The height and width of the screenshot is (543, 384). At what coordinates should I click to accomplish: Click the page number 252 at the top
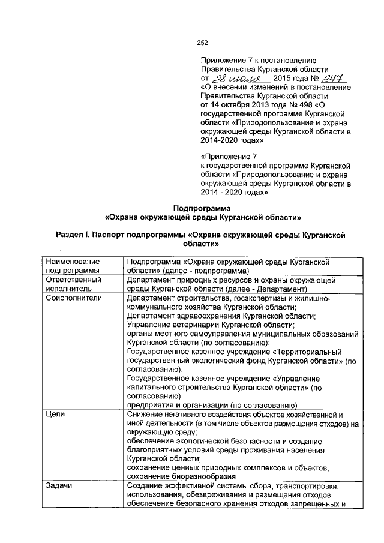(202, 42)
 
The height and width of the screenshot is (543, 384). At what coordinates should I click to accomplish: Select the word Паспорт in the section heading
(117, 236)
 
